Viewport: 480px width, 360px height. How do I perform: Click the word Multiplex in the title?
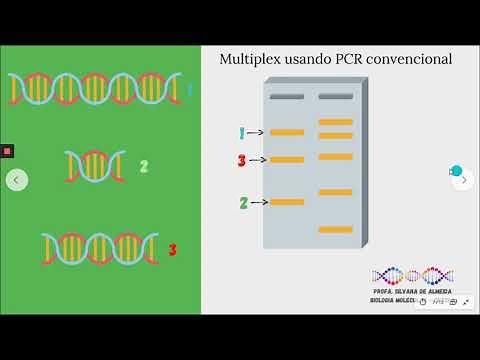coord(250,60)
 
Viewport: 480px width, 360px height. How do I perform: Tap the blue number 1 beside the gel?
coord(241,132)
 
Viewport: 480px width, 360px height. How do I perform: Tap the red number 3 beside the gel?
coord(241,160)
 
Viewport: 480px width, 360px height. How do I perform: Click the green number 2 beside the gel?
coord(243,202)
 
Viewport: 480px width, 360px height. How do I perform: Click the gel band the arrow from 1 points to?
coord(286,132)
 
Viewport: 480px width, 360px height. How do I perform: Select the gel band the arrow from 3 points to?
coord(286,160)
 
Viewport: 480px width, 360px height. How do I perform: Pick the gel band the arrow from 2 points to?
coord(286,202)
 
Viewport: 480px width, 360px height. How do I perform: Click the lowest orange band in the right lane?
coord(335,229)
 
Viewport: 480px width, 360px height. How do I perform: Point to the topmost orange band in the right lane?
coord(335,122)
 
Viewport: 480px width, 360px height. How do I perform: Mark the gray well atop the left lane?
coord(286,96)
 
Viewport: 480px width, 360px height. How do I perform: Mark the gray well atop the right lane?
coord(335,96)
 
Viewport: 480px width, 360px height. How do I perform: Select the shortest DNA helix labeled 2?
coord(95,165)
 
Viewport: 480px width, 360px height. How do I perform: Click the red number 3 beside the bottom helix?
coord(172,249)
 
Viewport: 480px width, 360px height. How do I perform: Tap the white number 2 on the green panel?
coord(143,166)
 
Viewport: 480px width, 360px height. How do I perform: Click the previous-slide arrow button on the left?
coord(16,180)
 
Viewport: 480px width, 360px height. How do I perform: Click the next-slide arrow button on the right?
coord(463,180)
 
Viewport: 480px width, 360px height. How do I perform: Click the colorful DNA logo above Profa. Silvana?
coord(413,275)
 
